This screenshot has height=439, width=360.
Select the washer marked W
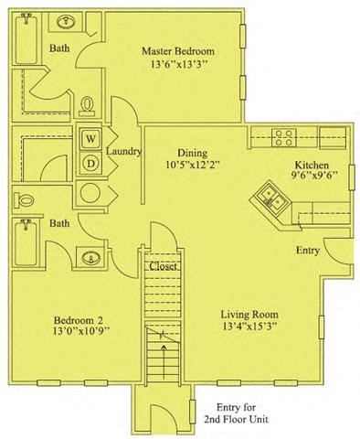tap(92, 138)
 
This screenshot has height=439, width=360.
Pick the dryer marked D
tap(92, 162)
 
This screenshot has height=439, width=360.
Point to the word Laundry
tap(122, 151)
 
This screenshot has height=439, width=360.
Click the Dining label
tap(191, 153)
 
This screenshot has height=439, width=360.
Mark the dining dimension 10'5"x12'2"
tap(191, 166)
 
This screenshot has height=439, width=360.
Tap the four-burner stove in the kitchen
tap(283, 138)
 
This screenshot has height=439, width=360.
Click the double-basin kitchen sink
tap(270, 196)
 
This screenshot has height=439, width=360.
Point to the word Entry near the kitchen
tap(308, 250)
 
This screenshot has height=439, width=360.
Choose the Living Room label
tap(249, 314)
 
